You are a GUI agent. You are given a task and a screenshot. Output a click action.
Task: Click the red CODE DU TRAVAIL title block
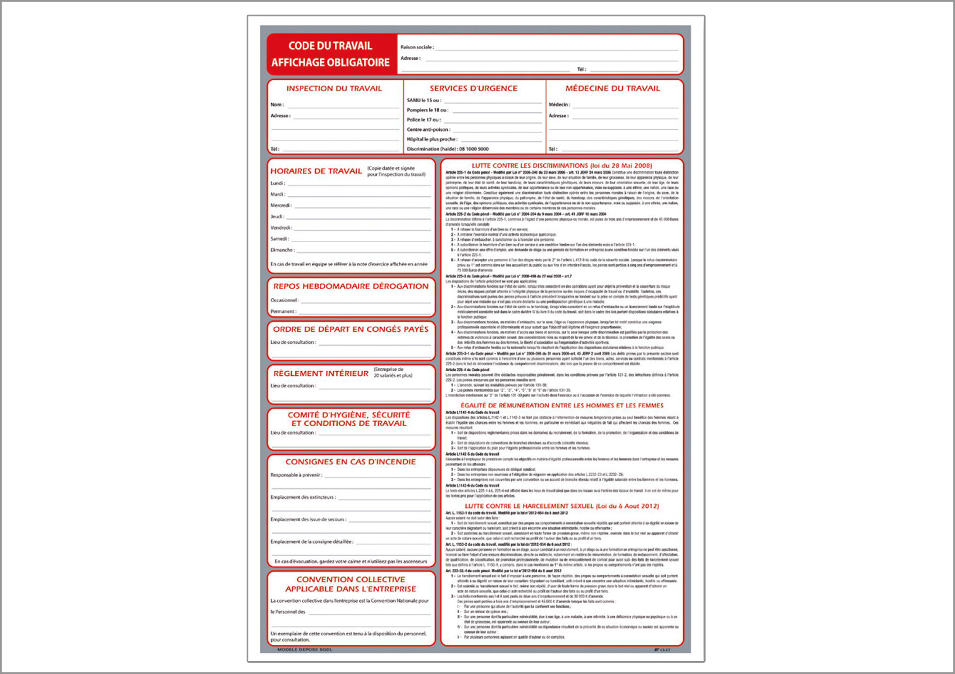coord(330,54)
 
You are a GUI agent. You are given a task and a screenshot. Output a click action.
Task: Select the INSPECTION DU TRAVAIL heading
coord(334,89)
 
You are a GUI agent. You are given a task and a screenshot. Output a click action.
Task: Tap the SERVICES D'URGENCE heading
coord(474,89)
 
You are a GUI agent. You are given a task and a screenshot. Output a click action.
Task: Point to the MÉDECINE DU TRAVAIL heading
coord(612,89)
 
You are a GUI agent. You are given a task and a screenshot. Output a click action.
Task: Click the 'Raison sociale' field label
coord(417,47)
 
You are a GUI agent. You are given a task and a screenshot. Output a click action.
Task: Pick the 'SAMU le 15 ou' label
coord(424,101)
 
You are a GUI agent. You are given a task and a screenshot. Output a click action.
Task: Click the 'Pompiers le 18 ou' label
coord(428,110)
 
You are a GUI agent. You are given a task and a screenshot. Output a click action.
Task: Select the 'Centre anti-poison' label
coord(429,130)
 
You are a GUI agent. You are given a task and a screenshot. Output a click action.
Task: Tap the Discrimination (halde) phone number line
coord(448,149)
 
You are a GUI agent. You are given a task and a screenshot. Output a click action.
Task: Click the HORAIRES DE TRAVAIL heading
coord(316,171)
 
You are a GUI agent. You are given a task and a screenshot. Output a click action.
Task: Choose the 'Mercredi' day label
coord(281,206)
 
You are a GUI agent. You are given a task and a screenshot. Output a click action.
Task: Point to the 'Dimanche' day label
coord(282,250)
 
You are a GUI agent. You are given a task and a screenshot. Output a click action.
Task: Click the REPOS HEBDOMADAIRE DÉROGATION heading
coord(351,286)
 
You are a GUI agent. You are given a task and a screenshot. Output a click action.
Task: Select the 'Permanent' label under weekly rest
coord(283,311)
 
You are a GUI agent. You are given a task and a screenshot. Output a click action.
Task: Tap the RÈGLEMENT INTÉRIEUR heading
coord(321,374)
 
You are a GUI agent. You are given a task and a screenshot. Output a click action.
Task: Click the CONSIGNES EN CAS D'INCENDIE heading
coord(351,462)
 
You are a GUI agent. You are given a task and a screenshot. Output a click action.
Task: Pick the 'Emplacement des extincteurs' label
coord(303,497)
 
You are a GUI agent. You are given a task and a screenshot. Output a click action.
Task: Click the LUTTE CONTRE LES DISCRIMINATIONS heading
coord(562,166)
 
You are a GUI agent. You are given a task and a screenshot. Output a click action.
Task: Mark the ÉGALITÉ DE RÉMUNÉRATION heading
coord(562,406)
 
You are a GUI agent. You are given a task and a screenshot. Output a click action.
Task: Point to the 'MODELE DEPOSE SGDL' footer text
coord(304,650)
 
